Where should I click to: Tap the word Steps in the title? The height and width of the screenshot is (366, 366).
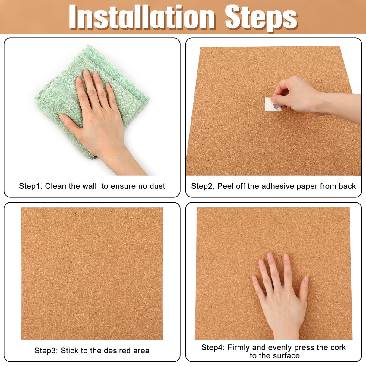(261, 17)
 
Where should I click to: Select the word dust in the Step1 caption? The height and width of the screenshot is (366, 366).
(157, 186)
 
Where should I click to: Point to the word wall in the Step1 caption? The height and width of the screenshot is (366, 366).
(90, 186)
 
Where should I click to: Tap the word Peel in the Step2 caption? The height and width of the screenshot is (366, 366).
(226, 186)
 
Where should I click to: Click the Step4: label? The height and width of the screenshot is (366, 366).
(213, 347)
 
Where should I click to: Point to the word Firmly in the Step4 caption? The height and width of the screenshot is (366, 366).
(239, 347)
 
